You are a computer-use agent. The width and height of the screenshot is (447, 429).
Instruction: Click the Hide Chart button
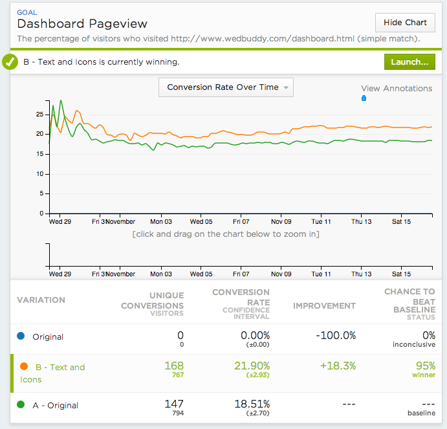[x=405, y=23]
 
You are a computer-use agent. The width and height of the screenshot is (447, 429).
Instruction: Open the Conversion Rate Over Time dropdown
[x=226, y=87]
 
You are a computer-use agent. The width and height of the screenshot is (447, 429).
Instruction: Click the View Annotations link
[x=396, y=89]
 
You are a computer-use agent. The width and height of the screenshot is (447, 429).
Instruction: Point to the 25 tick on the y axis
[x=40, y=115]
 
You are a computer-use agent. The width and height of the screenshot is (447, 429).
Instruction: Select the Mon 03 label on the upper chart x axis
[x=161, y=221]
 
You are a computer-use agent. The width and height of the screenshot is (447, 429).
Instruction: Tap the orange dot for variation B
[x=23, y=367]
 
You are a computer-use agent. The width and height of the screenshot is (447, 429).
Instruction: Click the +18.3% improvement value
[x=337, y=366]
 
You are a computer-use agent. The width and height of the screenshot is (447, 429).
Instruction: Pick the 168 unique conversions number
[x=171, y=366]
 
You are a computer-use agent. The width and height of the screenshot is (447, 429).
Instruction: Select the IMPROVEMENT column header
[x=324, y=305]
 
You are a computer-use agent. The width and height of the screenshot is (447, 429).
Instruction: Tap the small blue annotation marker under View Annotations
[x=364, y=98]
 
